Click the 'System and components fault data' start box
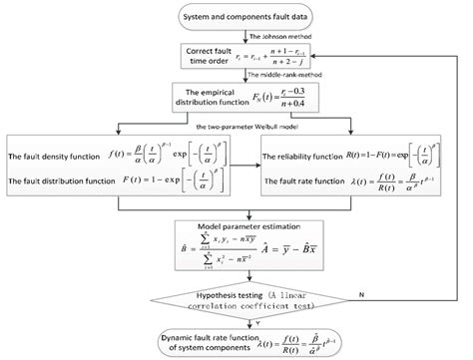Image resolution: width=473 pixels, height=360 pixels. click(236, 17)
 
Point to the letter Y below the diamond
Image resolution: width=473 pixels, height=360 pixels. click(245, 321)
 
